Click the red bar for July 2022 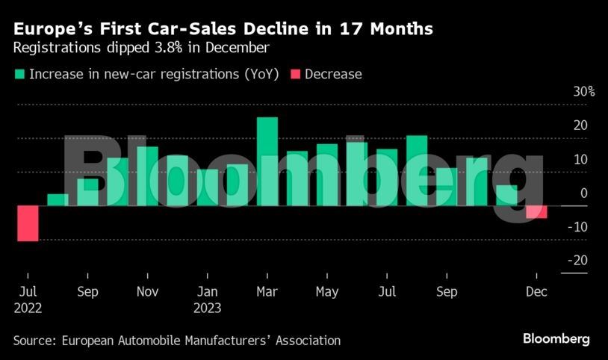coord(27,223)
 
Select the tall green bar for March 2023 coord(267,161)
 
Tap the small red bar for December coord(536,212)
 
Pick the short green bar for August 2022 coord(58,199)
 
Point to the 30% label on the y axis coord(584,92)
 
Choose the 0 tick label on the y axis coord(583,193)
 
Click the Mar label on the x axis coord(267,291)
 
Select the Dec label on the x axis coord(537,291)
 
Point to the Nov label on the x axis coord(147,291)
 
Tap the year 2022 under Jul coord(27,307)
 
